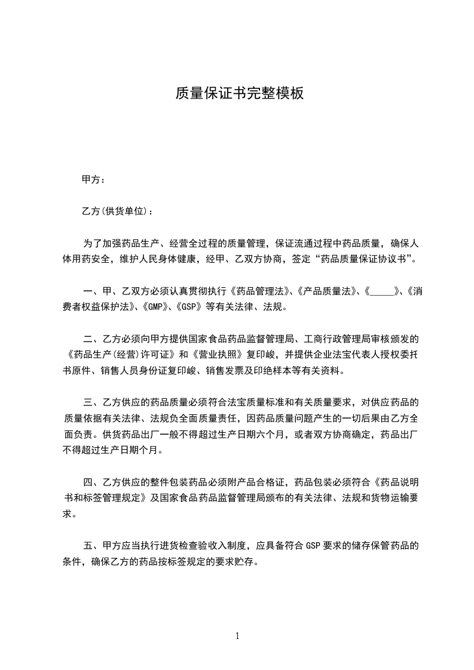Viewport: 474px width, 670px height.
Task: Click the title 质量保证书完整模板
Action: (x=239, y=93)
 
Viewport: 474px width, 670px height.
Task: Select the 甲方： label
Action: (x=94, y=179)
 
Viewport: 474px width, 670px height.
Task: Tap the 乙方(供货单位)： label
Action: (x=113, y=211)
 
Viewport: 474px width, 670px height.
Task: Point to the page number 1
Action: (x=237, y=636)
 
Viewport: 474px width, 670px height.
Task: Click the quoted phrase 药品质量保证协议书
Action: (x=364, y=260)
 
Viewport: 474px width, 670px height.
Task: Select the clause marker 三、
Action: (x=93, y=401)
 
